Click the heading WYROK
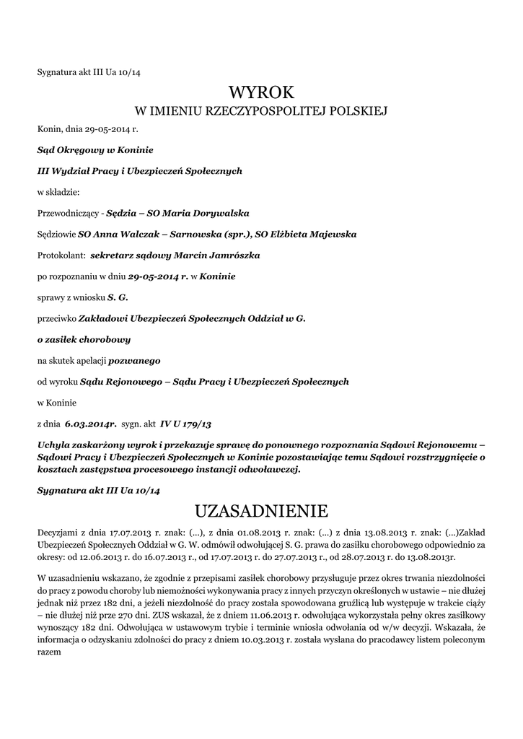coord(261,92)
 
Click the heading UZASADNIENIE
coord(261,511)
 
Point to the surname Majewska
coord(322,235)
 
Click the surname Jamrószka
coord(232,255)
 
